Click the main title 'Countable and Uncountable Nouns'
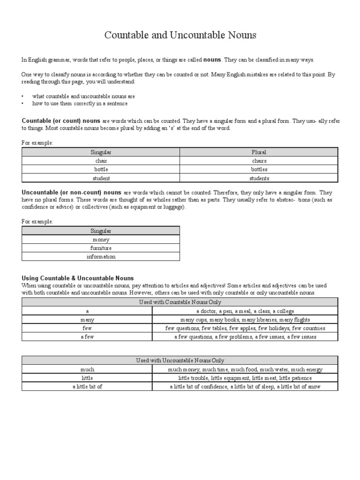pyautogui.click(x=180, y=36)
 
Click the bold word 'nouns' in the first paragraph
pyautogui.click(x=212, y=60)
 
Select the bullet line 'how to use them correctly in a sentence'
pyautogui.click(x=79, y=104)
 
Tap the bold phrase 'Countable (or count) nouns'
pyautogui.click(x=61, y=121)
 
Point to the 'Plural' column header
pyautogui.click(x=259, y=152)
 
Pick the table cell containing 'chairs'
pyautogui.click(x=259, y=161)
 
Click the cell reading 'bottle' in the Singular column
pyautogui.click(x=101, y=169)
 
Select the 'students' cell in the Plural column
pyautogui.click(x=259, y=178)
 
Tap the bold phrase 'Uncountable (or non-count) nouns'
pyautogui.click(x=72, y=193)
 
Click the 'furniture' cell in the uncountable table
pyautogui.click(x=101, y=248)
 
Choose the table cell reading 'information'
pyautogui.click(x=101, y=256)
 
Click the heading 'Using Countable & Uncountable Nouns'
pyautogui.click(x=78, y=278)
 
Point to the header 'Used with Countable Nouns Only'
pyautogui.click(x=180, y=302)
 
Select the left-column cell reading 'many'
pyautogui.click(x=87, y=320)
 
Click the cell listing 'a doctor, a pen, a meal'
pyautogui.click(x=245, y=311)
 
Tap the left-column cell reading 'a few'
pyautogui.click(x=87, y=337)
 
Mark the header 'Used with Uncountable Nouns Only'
pyautogui.click(x=180, y=360)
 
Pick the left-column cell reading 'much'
pyautogui.click(x=87, y=369)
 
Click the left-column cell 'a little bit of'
pyautogui.click(x=87, y=387)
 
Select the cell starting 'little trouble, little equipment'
pyautogui.click(x=245, y=378)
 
